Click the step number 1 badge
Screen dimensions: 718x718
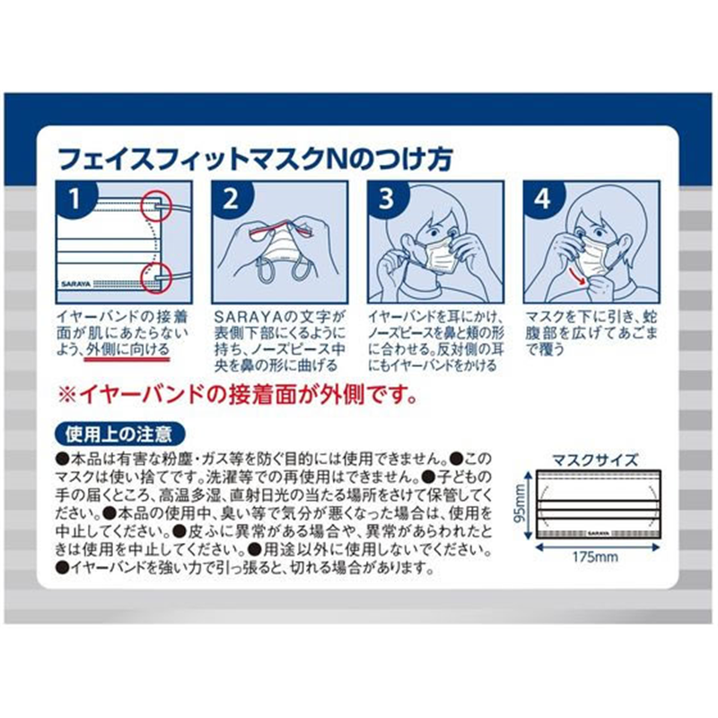coord(74,198)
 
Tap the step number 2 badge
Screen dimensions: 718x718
coord(230,198)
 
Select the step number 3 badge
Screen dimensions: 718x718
coord(386,198)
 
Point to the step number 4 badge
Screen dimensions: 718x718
coord(542,198)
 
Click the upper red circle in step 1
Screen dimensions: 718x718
coord(155,206)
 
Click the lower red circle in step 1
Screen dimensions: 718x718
coord(155,277)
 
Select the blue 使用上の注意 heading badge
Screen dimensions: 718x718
coord(119,434)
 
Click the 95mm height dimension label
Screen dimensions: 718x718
coord(521,504)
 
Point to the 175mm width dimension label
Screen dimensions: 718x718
coord(595,557)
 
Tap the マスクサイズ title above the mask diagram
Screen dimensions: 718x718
coord(595,460)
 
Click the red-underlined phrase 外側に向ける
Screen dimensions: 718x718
coord(127,350)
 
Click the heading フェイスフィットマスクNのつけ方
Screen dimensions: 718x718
coord(255,159)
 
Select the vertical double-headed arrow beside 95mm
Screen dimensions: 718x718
coord(530,504)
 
